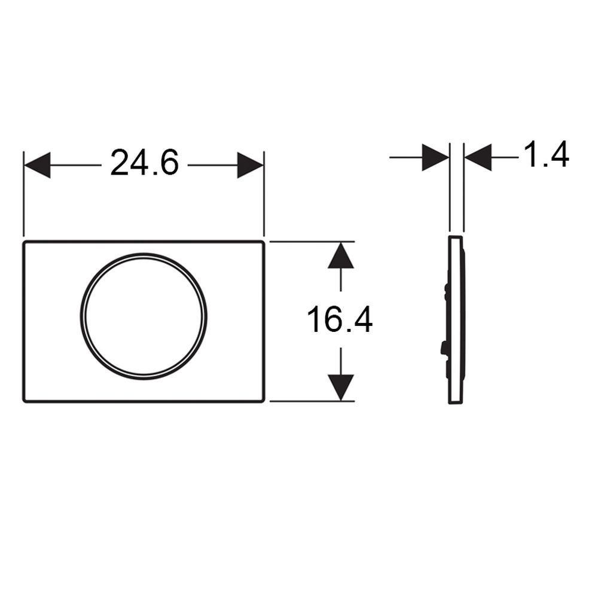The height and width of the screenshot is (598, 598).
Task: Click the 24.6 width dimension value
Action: click(x=144, y=163)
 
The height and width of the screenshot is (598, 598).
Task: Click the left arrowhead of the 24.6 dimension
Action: click(x=37, y=165)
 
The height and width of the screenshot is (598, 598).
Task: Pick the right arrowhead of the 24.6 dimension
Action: click(x=250, y=165)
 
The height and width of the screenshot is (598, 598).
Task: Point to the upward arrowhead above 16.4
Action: click(x=340, y=256)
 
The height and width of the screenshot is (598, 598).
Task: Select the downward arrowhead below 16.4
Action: click(x=340, y=387)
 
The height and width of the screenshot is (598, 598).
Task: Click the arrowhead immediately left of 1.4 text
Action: click(x=478, y=157)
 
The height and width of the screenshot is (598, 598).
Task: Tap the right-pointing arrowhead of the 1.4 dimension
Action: click(x=435, y=157)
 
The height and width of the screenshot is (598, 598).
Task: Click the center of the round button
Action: click(x=144, y=316)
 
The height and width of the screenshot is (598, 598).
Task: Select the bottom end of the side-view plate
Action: click(x=456, y=402)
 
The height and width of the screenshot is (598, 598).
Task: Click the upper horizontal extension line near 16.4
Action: click(x=311, y=242)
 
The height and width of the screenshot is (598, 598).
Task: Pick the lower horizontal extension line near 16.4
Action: click(x=311, y=401)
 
